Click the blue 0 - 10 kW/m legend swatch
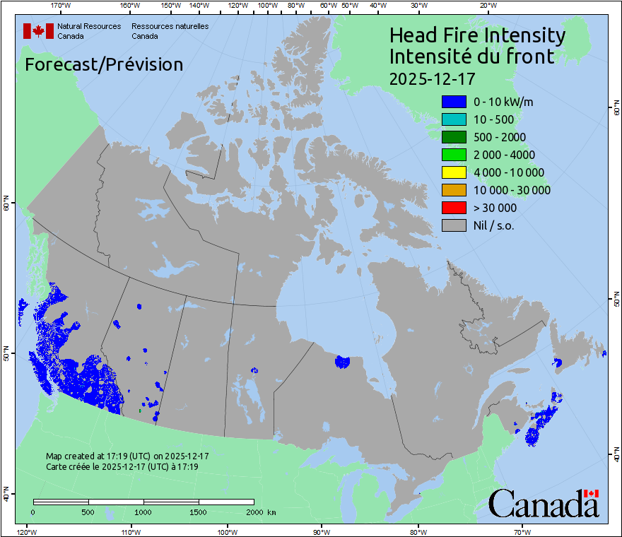point(454,102)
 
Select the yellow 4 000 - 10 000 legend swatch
point(454,172)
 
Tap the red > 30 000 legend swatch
point(454,208)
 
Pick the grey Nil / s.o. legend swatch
point(454,225)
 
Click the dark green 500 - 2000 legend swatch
point(454,137)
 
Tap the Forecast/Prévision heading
point(104,64)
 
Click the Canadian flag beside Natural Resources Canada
point(38,31)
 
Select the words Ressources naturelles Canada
point(170,31)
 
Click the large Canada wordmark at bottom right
point(544,503)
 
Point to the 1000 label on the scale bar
point(143,512)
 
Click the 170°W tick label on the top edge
point(61,6)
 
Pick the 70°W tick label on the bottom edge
point(522,531)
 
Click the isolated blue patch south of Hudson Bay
point(342,362)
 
